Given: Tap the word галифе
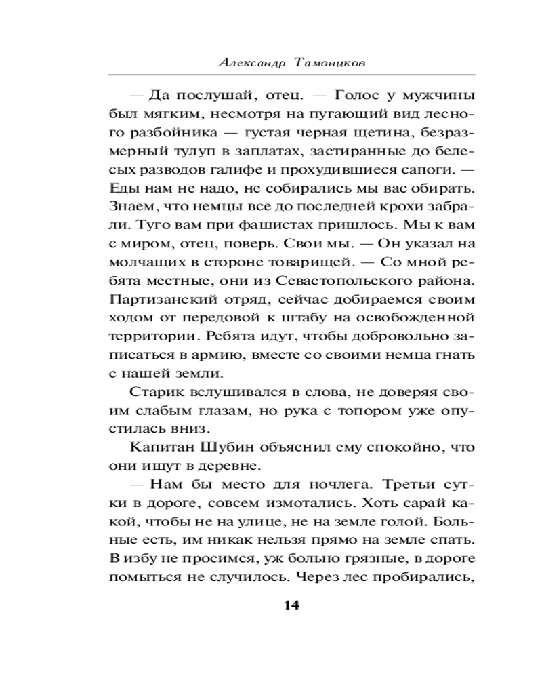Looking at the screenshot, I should (265, 167).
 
